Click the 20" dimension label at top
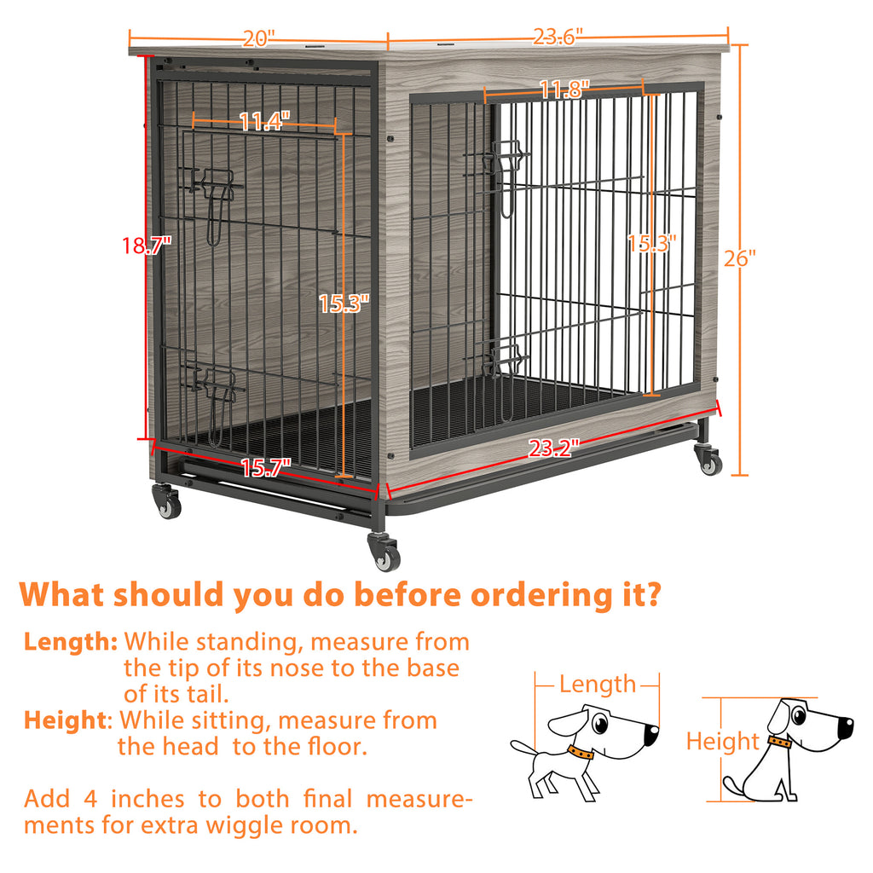258,39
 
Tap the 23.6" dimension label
558,38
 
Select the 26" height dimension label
740,257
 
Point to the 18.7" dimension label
147,246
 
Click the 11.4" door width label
264,122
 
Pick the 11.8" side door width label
564,89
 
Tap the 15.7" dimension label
265,467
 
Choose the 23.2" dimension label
553,448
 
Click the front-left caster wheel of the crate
167,503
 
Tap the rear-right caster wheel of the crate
708,460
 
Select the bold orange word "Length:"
71,641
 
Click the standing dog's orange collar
581,754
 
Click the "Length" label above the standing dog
598,684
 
